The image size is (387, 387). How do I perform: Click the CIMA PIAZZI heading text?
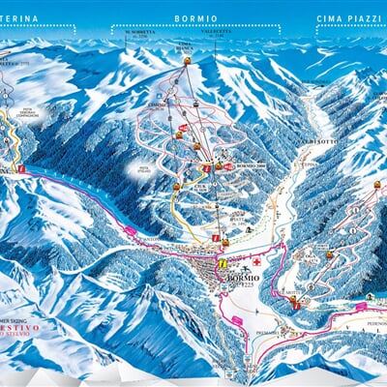click(350, 18)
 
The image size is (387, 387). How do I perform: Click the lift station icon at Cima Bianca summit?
click(187, 61)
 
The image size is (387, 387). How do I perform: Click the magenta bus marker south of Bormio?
click(234, 320)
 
